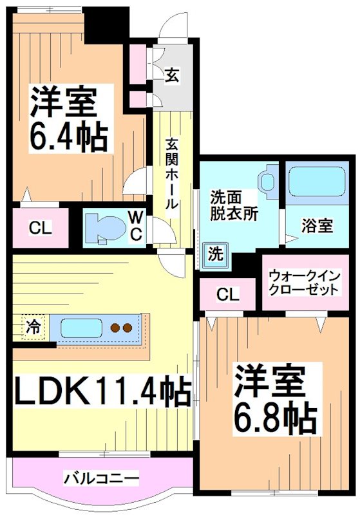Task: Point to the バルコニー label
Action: point(101,479)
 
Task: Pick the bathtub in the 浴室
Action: point(316,182)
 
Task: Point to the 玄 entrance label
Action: point(173,75)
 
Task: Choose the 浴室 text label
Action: point(317,226)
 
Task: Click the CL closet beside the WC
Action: point(40,228)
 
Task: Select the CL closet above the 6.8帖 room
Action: point(227,295)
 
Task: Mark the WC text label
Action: point(137,226)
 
